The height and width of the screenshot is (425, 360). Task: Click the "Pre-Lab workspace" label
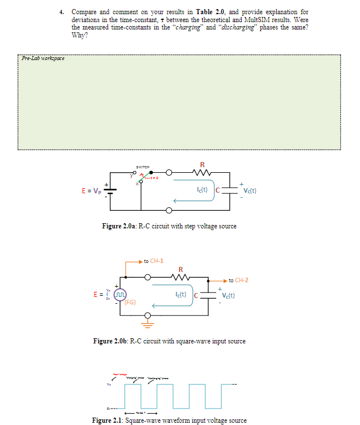click(42, 58)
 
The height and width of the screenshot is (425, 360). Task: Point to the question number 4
click(61, 12)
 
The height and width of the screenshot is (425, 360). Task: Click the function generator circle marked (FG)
click(119, 295)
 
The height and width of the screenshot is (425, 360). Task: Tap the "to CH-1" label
click(153, 261)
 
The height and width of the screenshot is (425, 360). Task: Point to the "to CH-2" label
click(238, 280)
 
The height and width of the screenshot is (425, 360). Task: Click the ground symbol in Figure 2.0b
click(150, 325)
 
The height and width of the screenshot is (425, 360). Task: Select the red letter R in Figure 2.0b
click(180, 269)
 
